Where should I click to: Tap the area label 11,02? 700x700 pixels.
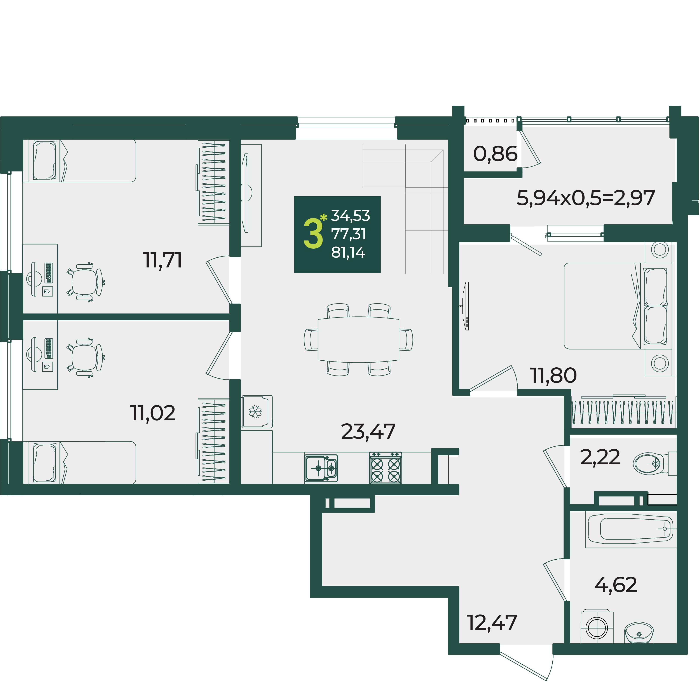tap(153, 413)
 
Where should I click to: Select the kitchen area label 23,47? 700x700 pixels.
tap(368, 431)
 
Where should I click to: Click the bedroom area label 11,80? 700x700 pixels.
tap(554, 375)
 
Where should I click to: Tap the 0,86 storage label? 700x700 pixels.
tap(495, 154)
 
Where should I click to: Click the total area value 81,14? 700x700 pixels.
tap(348, 253)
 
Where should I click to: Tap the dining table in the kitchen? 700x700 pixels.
tap(358, 339)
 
